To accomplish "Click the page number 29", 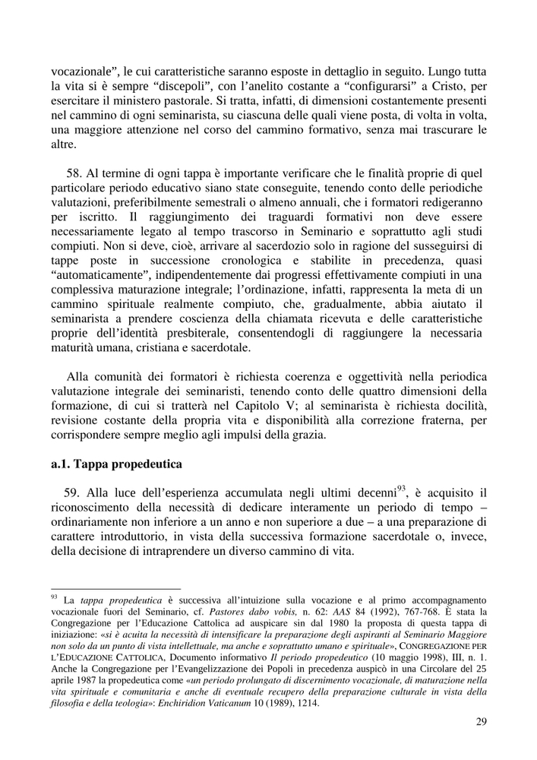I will point(481,722).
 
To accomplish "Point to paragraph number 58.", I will point(74,174).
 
